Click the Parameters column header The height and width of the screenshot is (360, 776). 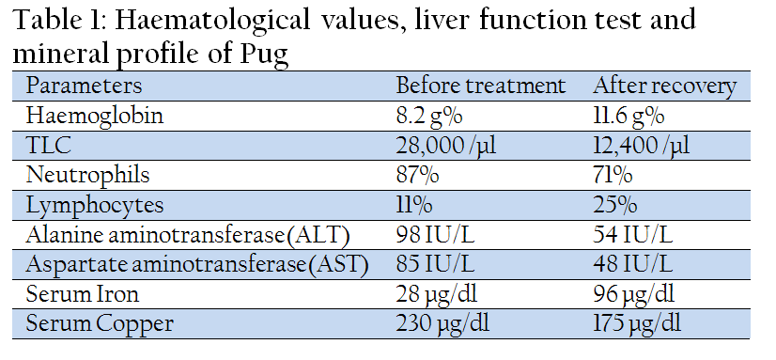point(84,86)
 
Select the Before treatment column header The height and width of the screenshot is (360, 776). point(480,86)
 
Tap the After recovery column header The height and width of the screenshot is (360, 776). point(664,86)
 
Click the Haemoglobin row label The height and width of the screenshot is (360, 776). point(95,116)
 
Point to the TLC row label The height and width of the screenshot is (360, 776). point(49,146)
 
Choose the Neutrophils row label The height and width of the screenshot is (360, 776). point(87,176)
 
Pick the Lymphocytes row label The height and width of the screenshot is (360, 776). point(95,206)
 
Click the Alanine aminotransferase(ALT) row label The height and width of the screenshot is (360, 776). point(188,235)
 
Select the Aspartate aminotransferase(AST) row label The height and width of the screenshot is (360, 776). point(197,265)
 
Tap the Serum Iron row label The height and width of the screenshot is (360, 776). point(82,294)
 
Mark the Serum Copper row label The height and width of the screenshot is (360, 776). point(100,324)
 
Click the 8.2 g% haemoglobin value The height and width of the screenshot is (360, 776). point(429,117)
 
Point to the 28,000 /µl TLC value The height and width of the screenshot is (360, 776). point(446,146)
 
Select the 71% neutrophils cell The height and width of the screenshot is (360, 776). point(613,175)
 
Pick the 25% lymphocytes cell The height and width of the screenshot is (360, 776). point(615,205)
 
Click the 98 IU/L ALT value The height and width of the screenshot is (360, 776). point(435,235)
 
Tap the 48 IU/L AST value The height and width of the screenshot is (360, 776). point(633,265)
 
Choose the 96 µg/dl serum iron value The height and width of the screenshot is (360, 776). point(634,295)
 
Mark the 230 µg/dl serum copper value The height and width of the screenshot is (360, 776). point(442,325)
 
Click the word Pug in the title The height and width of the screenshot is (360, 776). point(264,55)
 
